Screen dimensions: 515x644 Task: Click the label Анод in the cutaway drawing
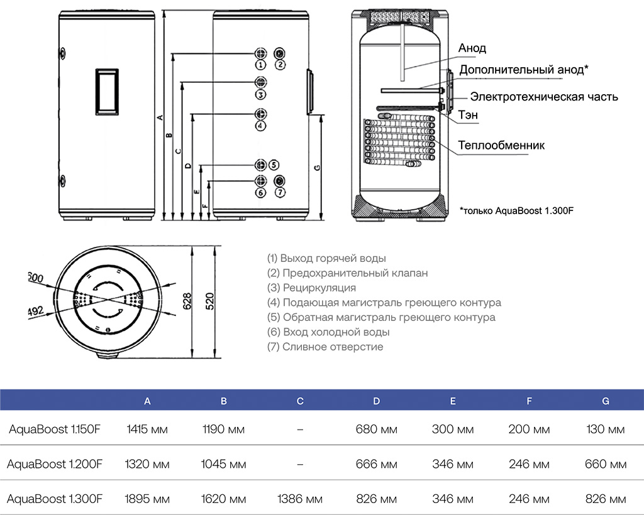click(472, 48)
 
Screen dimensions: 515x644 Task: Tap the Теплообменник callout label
click(501, 145)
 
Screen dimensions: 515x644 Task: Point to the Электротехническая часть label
click(544, 97)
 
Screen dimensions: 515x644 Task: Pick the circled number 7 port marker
click(280, 192)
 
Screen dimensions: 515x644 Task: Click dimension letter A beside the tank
click(160, 117)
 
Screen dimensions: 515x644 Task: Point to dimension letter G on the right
click(317, 167)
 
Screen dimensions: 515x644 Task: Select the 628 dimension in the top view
click(187, 302)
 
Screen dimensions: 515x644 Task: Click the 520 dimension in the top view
click(211, 302)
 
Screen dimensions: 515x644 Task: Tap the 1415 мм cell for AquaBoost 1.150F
click(147, 430)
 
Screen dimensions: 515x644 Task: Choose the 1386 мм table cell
click(300, 499)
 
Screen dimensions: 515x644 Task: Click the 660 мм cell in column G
click(605, 465)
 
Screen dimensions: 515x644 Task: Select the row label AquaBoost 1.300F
click(55, 499)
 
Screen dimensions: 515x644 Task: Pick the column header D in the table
click(376, 401)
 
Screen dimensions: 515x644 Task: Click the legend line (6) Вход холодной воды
click(328, 332)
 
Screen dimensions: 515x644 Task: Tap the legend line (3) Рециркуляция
click(311, 288)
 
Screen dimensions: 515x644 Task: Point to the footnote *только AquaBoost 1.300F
click(516, 210)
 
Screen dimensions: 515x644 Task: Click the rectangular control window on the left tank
click(106, 91)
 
